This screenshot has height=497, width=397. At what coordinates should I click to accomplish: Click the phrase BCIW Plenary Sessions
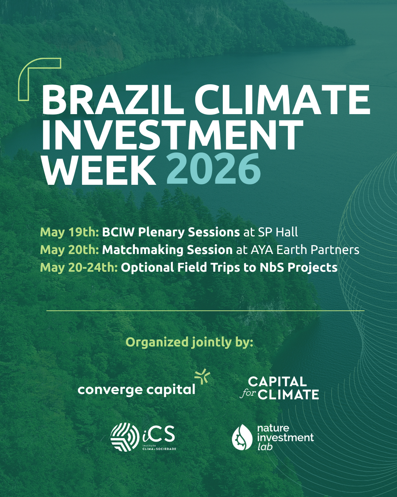pyautogui.click(x=171, y=232)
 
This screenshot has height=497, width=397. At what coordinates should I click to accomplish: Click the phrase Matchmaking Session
pyautogui.click(x=167, y=250)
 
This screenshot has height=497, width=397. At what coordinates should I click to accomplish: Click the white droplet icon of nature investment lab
pyautogui.click(x=243, y=437)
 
